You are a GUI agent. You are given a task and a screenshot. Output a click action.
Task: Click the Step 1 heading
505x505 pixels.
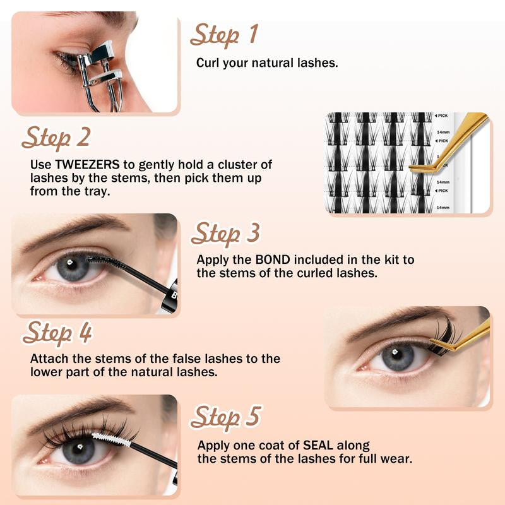[x=224, y=35]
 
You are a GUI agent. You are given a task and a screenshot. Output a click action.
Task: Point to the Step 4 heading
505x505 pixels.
[x=57, y=333]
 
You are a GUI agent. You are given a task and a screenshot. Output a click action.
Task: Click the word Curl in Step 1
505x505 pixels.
[x=208, y=63]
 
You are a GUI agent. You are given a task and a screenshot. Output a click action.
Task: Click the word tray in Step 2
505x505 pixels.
[x=94, y=191]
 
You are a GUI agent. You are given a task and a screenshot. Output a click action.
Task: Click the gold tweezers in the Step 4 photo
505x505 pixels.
[x=467, y=335]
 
